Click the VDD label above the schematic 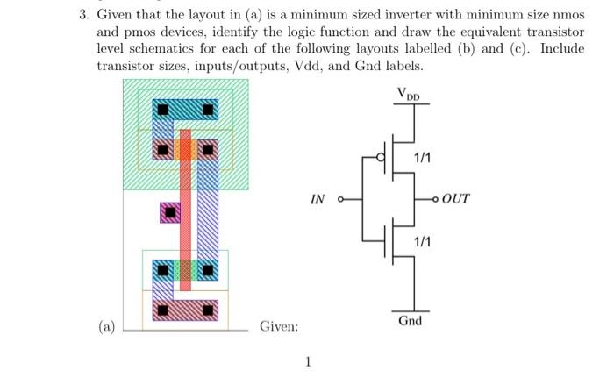tap(409, 93)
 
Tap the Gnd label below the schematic tap(410, 320)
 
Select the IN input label tap(318, 199)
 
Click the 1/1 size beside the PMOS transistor tap(422, 157)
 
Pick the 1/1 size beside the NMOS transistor tap(422, 240)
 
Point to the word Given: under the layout tap(279, 326)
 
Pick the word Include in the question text tap(561, 48)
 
